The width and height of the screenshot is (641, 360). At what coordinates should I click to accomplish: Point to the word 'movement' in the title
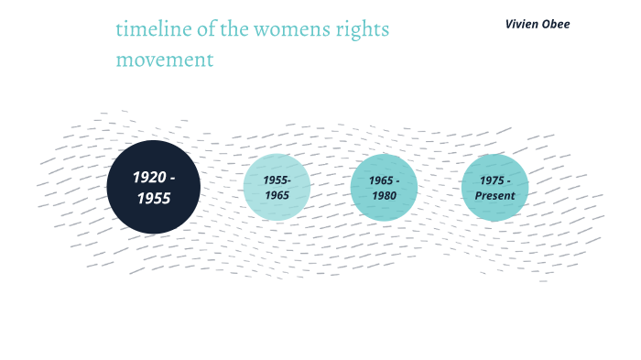point(165,60)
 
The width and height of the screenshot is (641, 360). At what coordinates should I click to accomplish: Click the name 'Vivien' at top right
point(524,24)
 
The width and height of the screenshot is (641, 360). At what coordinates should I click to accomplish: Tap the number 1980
point(384,195)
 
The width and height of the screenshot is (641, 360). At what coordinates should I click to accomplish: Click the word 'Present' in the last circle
point(495,195)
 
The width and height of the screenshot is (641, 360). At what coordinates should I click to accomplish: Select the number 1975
point(492,180)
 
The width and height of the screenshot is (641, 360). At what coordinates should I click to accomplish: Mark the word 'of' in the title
point(202,29)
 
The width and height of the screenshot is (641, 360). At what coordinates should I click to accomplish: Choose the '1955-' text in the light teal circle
point(277,180)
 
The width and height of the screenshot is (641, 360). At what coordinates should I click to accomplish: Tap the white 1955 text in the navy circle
point(153,197)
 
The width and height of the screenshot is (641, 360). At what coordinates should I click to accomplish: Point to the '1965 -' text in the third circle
point(384,180)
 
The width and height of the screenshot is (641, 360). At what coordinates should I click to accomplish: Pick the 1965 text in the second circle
point(277,195)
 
